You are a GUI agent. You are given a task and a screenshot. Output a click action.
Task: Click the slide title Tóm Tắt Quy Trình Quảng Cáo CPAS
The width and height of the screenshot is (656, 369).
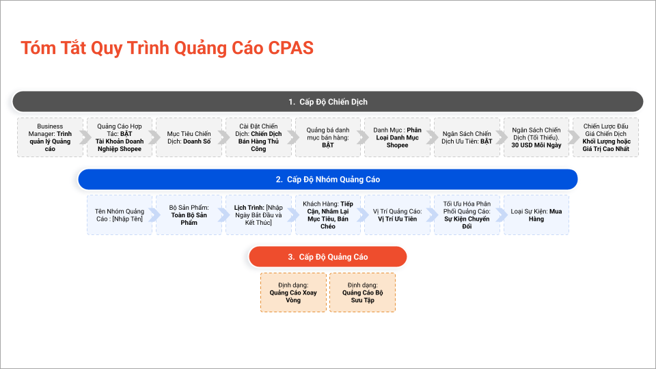point(167,49)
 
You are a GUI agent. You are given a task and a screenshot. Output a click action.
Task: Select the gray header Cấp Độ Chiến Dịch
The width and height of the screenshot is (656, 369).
point(327,102)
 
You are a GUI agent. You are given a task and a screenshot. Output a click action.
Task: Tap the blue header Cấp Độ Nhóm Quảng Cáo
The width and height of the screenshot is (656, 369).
point(327,180)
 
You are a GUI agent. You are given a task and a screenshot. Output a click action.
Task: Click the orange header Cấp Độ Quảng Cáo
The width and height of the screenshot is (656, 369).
point(327,257)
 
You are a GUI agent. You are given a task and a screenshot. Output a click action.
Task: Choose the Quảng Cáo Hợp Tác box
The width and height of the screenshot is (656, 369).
point(119,137)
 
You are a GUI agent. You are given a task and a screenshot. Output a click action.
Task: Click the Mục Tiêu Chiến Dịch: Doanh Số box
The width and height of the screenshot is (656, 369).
point(189,137)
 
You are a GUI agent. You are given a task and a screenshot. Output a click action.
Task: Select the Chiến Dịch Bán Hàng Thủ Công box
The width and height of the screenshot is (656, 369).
point(258,137)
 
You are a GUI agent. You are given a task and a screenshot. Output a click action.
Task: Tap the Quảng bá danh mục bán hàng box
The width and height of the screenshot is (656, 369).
point(328,137)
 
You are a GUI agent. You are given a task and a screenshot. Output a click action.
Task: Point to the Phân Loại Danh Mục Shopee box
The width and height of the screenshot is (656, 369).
point(397,137)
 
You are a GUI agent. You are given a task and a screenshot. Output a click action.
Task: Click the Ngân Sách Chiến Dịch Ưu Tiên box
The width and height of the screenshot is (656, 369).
point(467,137)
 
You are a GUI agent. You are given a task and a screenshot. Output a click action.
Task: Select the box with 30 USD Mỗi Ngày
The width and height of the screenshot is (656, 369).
point(536,137)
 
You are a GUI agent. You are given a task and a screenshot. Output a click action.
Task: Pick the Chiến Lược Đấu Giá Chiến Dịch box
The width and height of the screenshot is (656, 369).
point(605,137)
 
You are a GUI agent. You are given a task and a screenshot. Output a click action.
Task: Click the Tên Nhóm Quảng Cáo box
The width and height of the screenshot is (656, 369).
point(120,215)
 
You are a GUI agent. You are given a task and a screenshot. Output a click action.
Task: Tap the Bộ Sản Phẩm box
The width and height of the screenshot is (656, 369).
point(189,215)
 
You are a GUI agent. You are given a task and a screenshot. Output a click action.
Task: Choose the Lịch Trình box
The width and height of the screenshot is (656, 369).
point(258,215)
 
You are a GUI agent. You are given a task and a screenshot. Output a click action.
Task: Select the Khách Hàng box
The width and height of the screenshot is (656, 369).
point(328,215)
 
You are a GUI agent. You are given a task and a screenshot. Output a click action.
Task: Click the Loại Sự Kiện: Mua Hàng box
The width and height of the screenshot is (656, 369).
point(536,215)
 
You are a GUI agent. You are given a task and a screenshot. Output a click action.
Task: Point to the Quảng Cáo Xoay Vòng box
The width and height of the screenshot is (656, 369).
point(293,292)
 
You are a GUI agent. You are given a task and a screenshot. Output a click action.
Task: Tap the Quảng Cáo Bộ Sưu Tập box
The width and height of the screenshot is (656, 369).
point(362,292)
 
